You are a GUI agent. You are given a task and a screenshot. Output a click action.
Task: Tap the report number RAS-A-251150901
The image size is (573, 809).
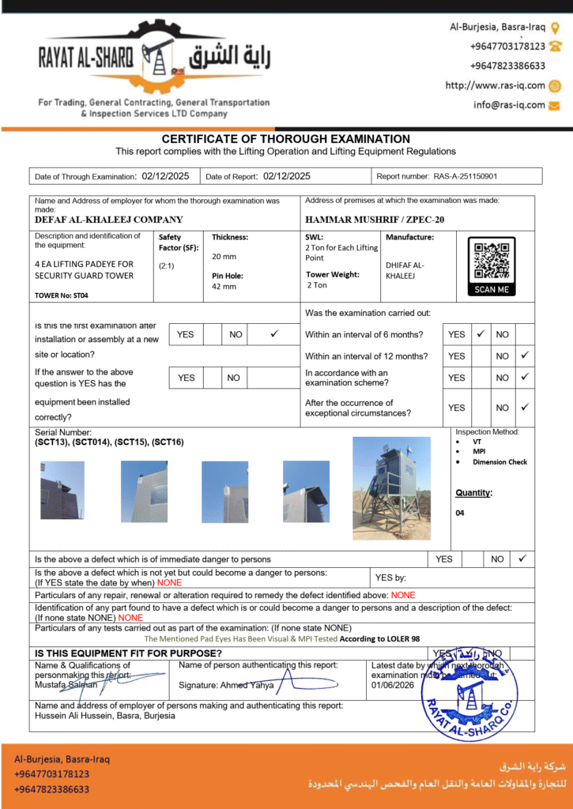[469, 176]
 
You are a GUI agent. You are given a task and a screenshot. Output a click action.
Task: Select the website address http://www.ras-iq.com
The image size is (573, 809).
[496, 85]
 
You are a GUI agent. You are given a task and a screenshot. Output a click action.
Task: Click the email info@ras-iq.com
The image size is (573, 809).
[510, 104]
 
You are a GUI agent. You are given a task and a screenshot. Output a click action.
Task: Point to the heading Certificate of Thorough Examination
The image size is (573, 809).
[286, 139]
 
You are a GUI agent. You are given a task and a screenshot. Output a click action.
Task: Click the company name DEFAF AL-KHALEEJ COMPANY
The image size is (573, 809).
[109, 220]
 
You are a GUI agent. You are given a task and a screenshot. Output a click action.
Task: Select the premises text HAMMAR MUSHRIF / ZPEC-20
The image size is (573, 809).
[374, 220]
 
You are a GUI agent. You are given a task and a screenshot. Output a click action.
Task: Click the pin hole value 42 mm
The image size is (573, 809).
[224, 286]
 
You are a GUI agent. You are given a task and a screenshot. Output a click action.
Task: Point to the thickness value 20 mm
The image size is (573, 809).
[224, 256]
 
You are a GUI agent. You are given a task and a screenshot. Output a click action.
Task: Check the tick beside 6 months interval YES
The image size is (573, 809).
[480, 334]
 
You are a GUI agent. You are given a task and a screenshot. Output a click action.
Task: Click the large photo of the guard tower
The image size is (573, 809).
[391, 487]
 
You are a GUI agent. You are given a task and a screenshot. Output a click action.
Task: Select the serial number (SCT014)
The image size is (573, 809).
[92, 442]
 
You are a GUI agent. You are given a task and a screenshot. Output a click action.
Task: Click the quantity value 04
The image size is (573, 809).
[460, 513]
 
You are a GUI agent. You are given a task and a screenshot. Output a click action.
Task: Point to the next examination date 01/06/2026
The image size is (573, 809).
[393, 685]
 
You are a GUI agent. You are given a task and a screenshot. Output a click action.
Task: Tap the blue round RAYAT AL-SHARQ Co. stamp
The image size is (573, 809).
[471, 694]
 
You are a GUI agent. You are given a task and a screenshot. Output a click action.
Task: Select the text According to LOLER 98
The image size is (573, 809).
[383, 638]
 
